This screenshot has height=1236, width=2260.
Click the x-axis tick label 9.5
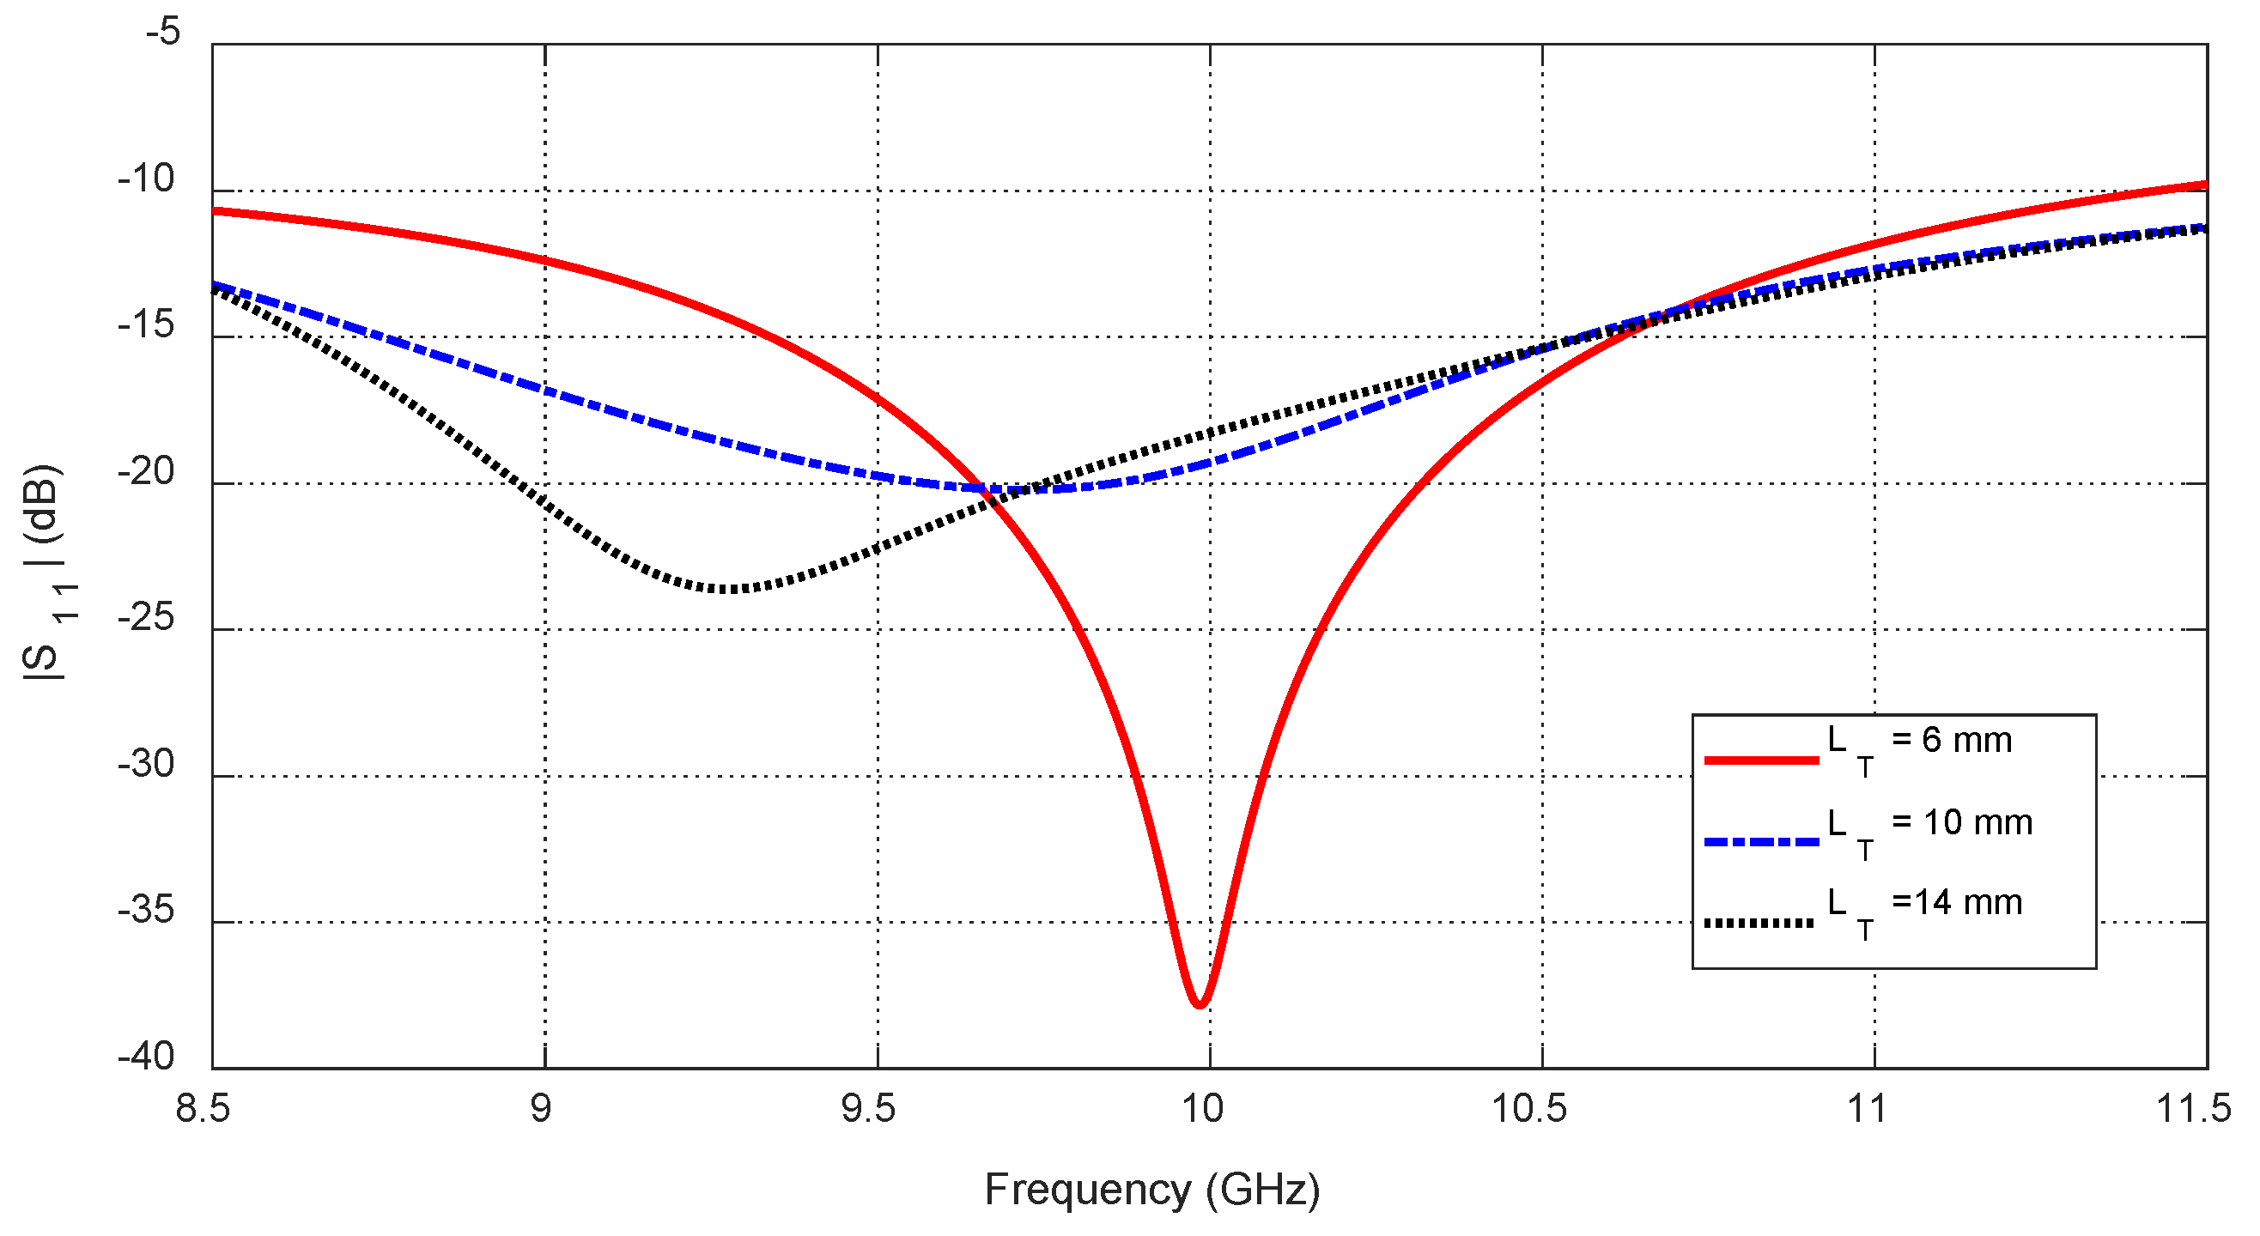(869, 1110)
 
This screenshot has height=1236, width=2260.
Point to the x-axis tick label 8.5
(204, 1110)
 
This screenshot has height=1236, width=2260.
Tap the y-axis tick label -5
(163, 32)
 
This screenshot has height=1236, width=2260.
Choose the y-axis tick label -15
(148, 325)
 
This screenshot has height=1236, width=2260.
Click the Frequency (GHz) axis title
(1152, 1191)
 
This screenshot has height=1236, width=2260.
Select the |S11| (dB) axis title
(44, 572)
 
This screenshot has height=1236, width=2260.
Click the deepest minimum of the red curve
(1200, 1004)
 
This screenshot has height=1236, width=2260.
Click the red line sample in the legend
(1761, 760)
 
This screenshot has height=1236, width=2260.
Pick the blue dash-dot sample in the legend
(1761, 842)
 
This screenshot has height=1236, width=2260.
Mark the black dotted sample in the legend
(1759, 923)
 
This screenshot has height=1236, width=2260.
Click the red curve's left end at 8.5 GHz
(215, 210)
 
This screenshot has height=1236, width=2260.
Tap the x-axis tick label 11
(1866, 1110)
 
